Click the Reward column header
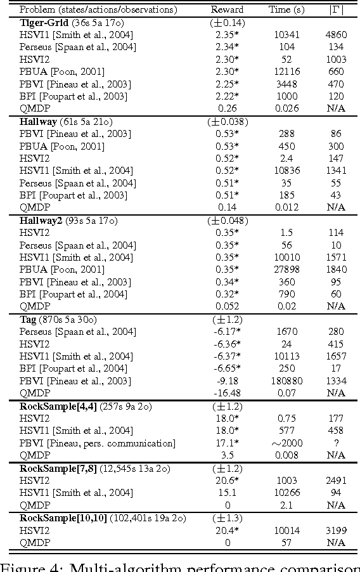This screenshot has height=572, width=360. click(x=227, y=10)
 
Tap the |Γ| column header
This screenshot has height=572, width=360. click(x=335, y=10)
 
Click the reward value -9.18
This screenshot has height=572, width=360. click(x=227, y=380)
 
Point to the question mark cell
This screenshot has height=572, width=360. click(x=336, y=443)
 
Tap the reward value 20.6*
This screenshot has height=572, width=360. click(x=227, y=480)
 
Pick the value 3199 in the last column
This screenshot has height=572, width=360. click(x=336, y=530)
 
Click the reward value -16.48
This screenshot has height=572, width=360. click(x=227, y=393)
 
